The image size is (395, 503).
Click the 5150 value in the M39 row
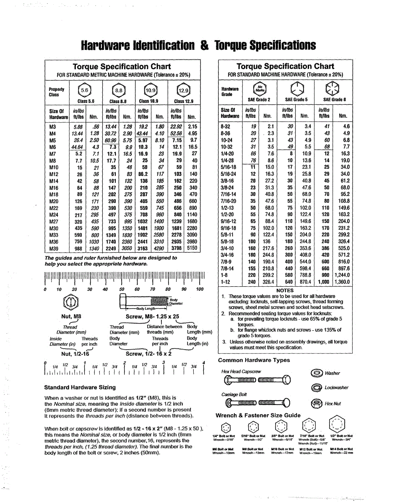click(x=192, y=248)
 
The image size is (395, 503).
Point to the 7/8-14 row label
click(x=227, y=269)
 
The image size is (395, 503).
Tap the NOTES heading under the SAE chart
click(x=285, y=290)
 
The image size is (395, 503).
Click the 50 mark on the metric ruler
click(x=122, y=289)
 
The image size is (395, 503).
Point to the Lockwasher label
click(x=336, y=388)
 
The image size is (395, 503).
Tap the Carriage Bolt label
click(x=234, y=394)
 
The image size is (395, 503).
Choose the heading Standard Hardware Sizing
click(x=80, y=387)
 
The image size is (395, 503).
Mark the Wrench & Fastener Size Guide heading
click(x=258, y=415)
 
